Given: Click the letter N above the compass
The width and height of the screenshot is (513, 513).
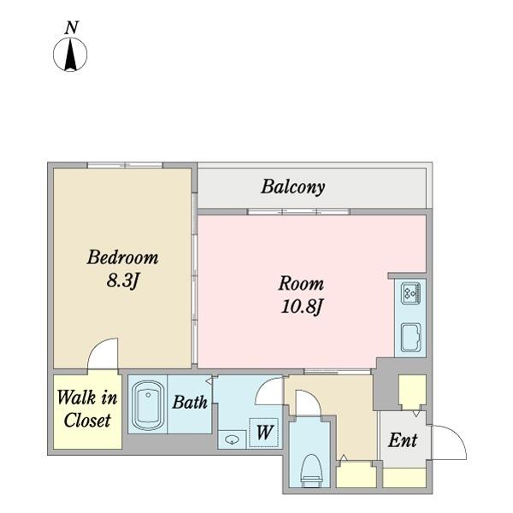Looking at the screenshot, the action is click(72, 28).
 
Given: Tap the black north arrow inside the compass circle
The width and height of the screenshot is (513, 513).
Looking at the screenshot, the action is click(70, 55).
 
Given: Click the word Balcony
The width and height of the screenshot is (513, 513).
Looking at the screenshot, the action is click(292, 187).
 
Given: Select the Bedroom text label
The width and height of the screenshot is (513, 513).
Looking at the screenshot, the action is click(122, 257).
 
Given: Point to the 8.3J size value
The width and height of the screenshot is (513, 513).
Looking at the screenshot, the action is click(123, 280).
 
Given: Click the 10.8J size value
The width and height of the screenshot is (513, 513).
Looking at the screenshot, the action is click(302, 307).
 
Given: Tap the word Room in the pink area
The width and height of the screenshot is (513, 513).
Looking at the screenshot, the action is click(301, 283).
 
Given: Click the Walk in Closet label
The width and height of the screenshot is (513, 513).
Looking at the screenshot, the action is click(87, 409).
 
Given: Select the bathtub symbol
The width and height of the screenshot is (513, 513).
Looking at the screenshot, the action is click(148, 405).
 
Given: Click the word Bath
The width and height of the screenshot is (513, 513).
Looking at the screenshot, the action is click(190, 402).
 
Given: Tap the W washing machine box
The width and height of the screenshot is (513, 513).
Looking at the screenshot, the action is click(263, 433).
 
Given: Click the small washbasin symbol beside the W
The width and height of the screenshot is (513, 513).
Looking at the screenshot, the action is click(232, 439).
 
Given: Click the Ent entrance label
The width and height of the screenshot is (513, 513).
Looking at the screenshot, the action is click(403, 440).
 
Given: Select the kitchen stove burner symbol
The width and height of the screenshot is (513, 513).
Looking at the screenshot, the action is click(411, 292).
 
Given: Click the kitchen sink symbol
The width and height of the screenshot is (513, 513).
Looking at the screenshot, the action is click(411, 338).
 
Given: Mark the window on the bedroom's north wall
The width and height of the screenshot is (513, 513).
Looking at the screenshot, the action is click(126, 165).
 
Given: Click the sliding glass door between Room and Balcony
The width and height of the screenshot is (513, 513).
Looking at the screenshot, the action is click(298, 212).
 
